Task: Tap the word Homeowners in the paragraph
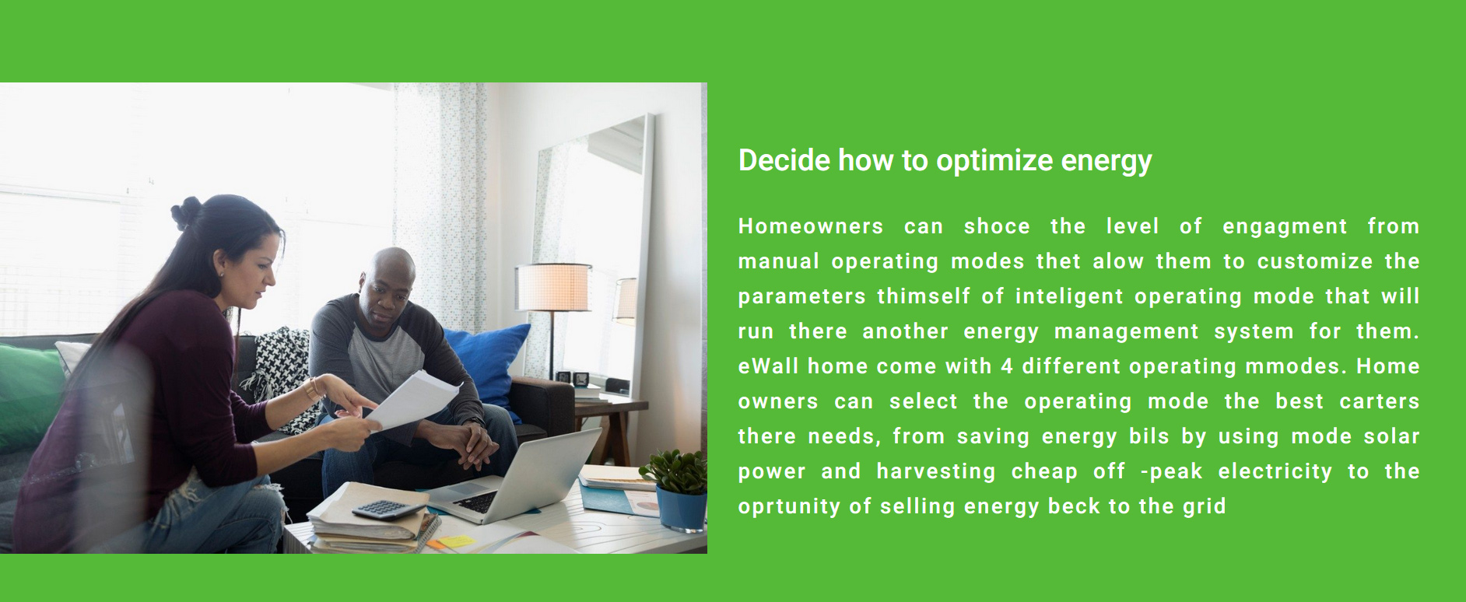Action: point(811,226)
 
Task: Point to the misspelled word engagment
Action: point(1285,227)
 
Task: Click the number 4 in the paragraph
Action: point(1007,366)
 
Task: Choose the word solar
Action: point(1391,436)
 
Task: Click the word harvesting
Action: point(936,472)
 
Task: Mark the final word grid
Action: point(1205,507)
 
